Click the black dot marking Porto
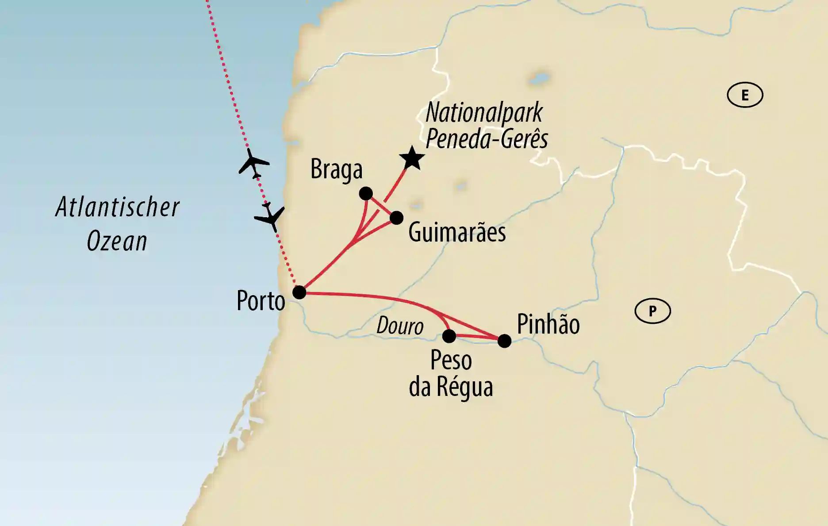click(x=299, y=292)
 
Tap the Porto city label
click(x=261, y=301)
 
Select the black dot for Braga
click(x=366, y=193)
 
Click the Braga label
click(x=336, y=170)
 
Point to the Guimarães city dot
click(x=396, y=218)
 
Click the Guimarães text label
click(x=457, y=232)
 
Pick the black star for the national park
click(x=412, y=158)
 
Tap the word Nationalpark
click(x=484, y=113)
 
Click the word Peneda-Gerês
click(x=487, y=139)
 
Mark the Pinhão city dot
click(x=504, y=341)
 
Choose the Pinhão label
click(x=548, y=324)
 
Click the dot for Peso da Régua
click(x=449, y=336)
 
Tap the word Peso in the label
click(x=451, y=361)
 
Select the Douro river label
click(x=400, y=326)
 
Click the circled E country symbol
click(x=745, y=95)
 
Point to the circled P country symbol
click(x=652, y=311)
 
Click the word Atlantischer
click(x=118, y=207)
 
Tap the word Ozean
click(x=117, y=241)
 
